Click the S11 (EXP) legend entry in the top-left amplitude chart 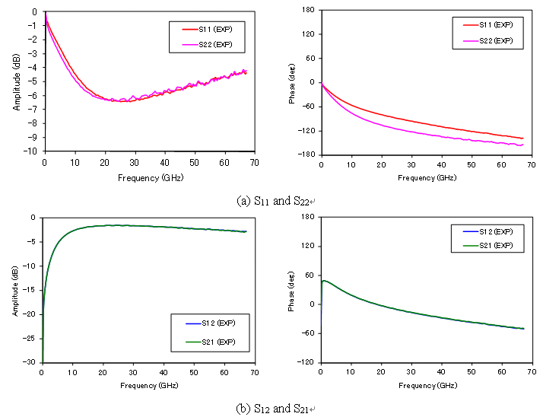(207, 30)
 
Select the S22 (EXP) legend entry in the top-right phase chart (488, 41)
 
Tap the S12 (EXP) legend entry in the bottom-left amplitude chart (211, 323)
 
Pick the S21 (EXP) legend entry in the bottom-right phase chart (488, 246)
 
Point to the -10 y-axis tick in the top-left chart (30, 151)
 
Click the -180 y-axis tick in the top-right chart (306, 154)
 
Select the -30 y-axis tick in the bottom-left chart (29, 362)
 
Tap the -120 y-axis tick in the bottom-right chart (305, 362)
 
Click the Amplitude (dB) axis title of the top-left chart (16, 82)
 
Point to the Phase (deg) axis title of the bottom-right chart (291, 291)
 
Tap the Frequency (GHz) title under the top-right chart (427, 178)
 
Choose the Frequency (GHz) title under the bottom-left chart (149, 386)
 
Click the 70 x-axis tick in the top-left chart (255, 163)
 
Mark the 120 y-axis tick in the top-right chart (308, 34)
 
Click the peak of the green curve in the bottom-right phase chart (324, 281)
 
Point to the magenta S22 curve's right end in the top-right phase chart (523, 145)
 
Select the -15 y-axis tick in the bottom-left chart (29, 290)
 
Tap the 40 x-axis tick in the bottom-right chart (441, 372)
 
